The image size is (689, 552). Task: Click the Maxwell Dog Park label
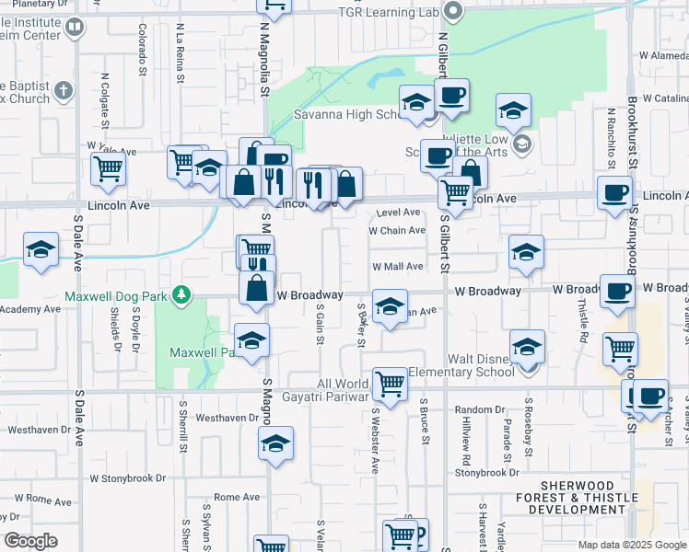pos(118,296)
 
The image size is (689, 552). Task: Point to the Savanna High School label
pos(344,115)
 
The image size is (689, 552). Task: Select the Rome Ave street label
pos(237,497)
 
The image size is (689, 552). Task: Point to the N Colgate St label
pos(105,100)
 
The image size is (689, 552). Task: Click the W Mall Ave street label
pos(397,267)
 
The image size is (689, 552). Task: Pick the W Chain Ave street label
pos(397,231)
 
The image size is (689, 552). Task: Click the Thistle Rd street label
pos(582,325)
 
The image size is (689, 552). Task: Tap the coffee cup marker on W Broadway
pos(618,290)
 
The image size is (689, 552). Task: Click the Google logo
pos(30,541)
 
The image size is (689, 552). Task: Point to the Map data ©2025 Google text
pos(631,545)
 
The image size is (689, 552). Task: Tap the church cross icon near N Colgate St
pos(63,90)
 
